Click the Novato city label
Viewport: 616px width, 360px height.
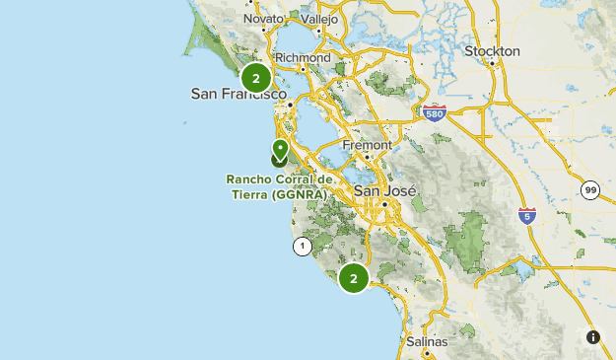[263, 19]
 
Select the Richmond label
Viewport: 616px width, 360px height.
[303, 57]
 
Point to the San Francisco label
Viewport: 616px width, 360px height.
[239, 94]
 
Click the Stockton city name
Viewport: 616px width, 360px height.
[491, 50]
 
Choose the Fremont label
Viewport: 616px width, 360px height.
[367, 144]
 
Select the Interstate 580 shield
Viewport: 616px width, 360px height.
[434, 113]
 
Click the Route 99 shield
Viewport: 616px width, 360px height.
[589, 190]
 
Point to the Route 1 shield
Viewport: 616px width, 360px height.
[302, 245]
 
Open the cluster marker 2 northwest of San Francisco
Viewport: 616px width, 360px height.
[256, 78]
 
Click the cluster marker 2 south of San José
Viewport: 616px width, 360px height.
[353, 278]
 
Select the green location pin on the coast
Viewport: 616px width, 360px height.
[280, 150]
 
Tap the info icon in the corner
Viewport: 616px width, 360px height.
[593, 337]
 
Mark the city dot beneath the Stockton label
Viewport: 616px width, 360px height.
[491, 63]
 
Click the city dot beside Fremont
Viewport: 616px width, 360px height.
[366, 156]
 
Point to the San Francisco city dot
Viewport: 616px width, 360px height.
[290, 105]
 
